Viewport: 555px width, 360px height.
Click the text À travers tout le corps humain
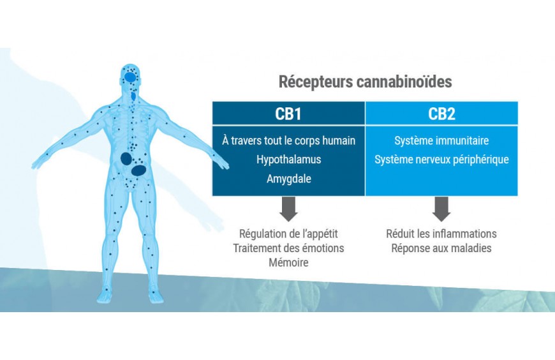[x=288, y=140]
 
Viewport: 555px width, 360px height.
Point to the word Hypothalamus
[x=288, y=160]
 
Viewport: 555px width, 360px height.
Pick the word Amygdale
[x=288, y=179]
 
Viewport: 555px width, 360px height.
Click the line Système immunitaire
[x=441, y=140]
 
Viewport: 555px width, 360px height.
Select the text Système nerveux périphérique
[x=441, y=160]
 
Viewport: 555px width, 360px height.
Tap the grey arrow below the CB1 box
[x=288, y=208]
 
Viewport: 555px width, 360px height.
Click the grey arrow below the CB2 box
[x=441, y=208]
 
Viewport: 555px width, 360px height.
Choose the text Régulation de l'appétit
[x=288, y=234]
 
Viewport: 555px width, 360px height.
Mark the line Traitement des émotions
[x=288, y=248]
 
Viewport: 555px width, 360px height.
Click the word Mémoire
[x=288, y=262]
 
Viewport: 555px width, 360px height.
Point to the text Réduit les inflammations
[x=441, y=234]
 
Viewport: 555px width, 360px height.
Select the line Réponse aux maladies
[x=441, y=248]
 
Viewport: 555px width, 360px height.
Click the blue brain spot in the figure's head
[x=131, y=78]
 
